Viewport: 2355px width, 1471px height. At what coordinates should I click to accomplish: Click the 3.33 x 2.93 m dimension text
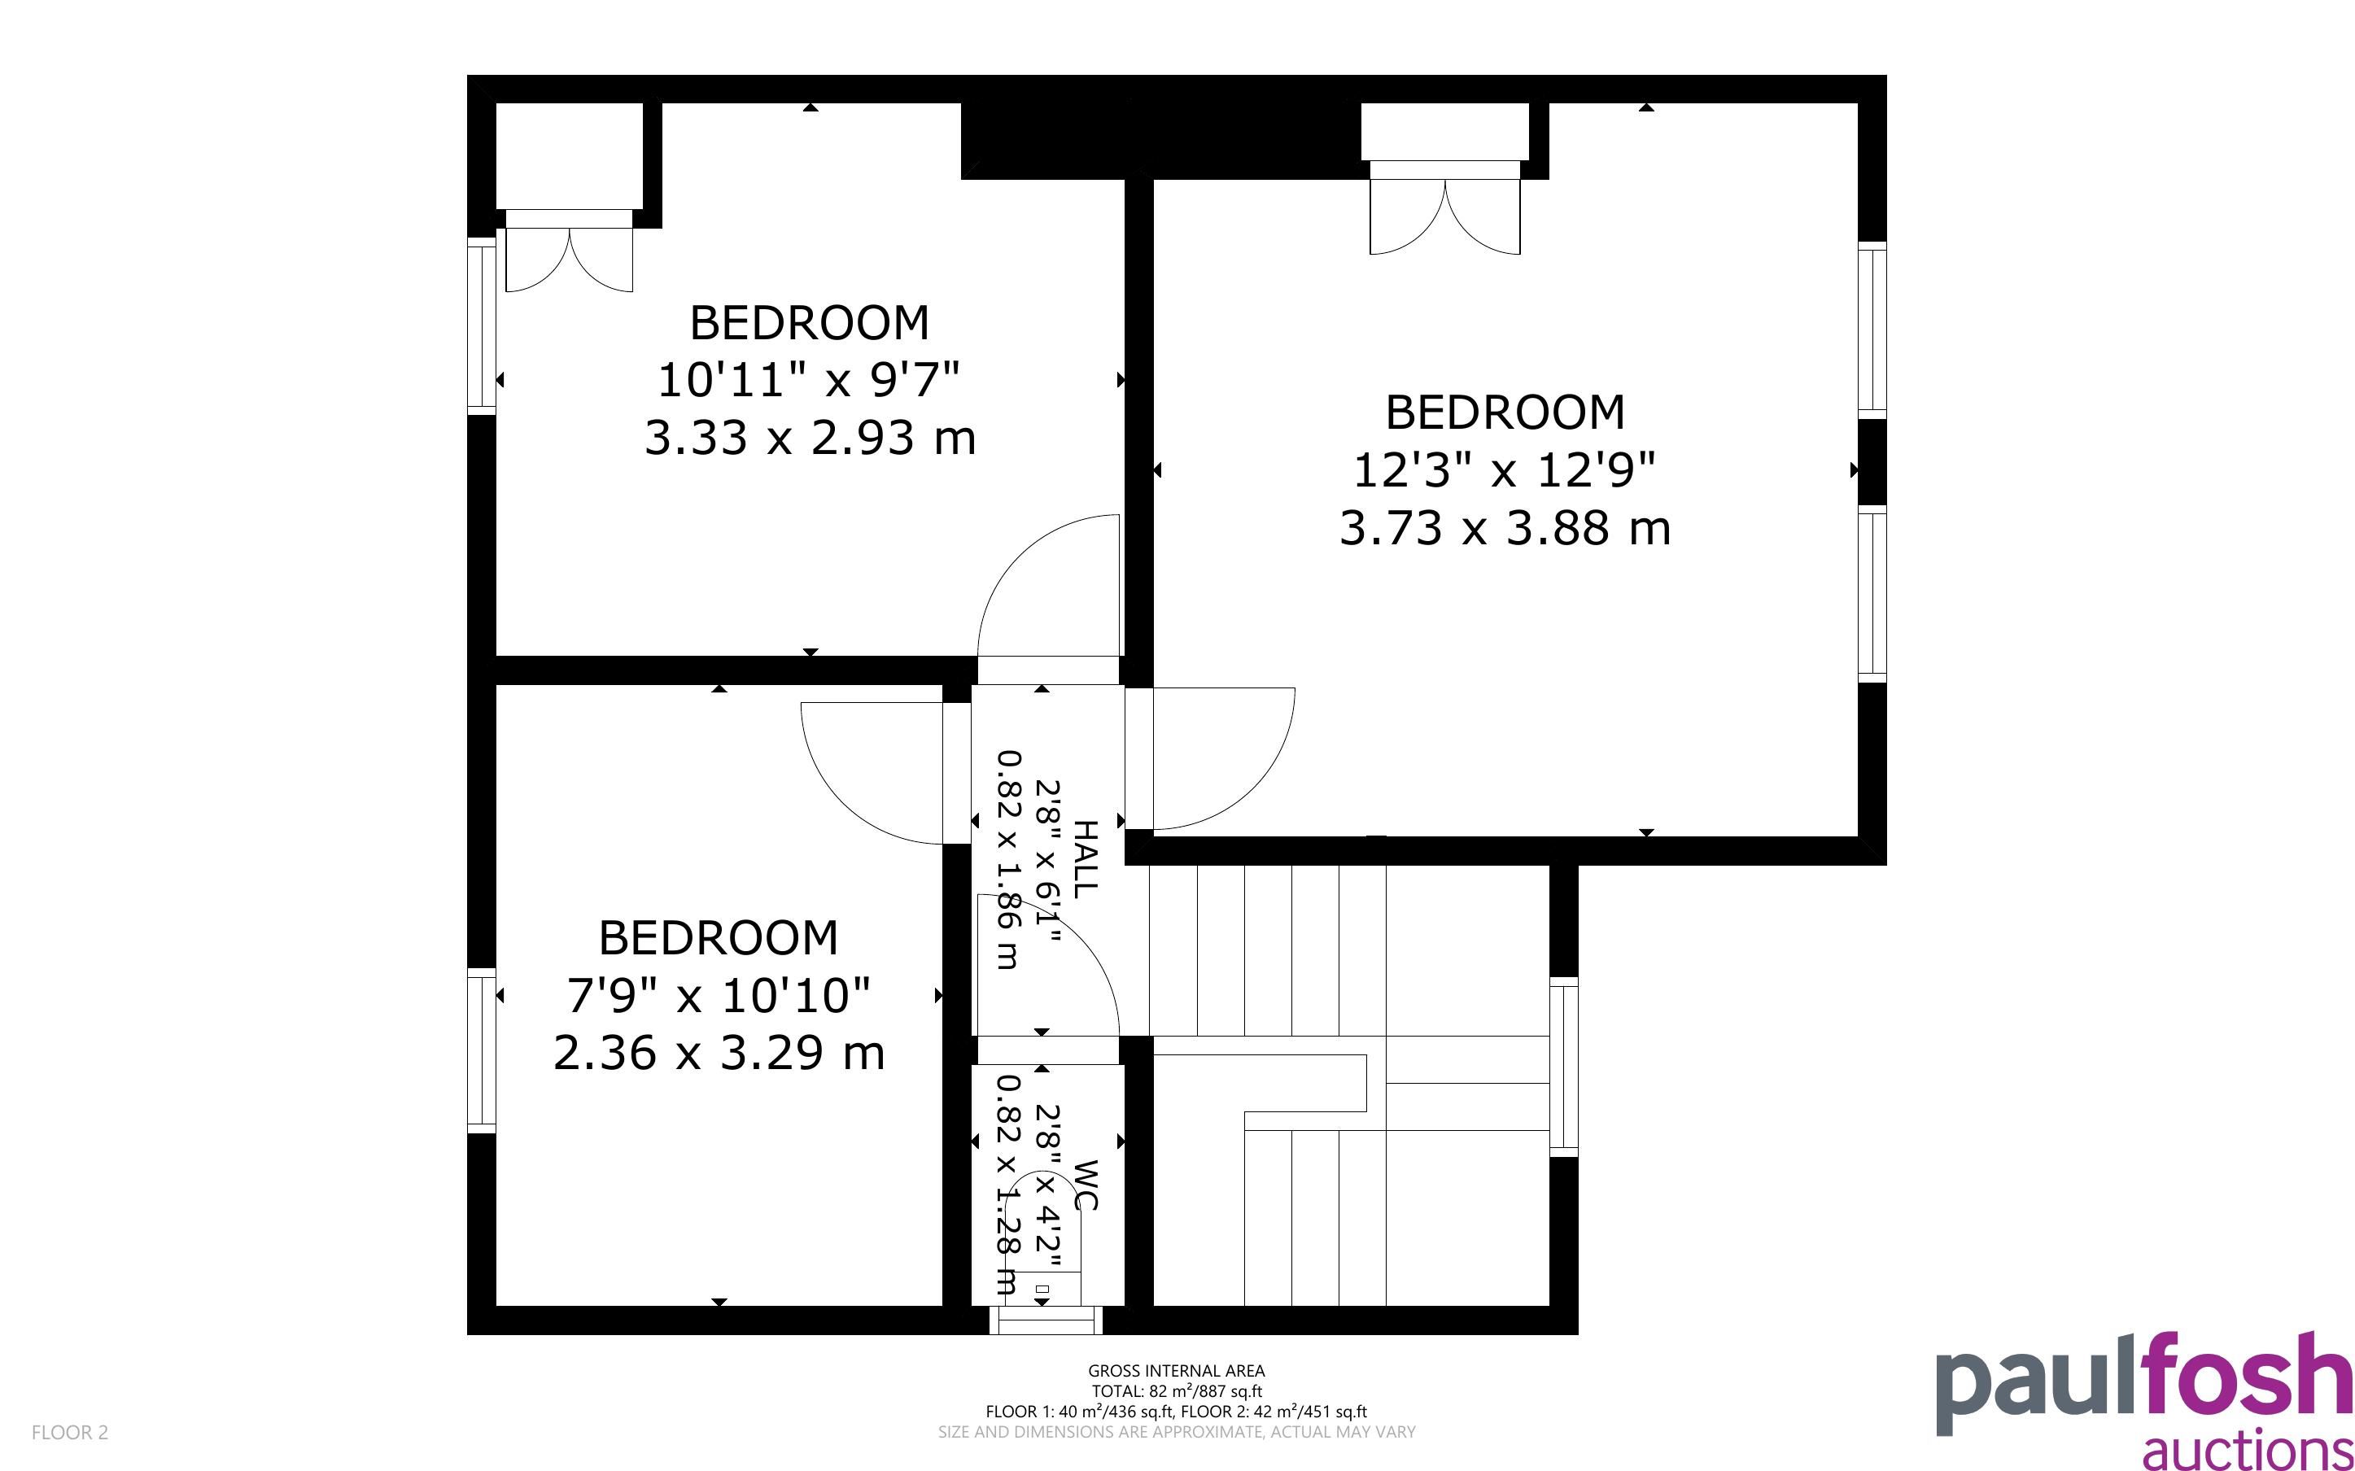810,438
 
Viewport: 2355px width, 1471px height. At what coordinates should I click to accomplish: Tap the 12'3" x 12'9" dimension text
1504,472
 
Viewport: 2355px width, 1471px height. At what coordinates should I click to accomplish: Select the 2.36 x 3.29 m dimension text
719,1053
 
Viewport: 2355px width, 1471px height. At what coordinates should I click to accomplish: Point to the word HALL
1085,858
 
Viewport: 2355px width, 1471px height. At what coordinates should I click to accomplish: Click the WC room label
1085,1185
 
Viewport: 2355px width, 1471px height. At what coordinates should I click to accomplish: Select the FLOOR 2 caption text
70,1432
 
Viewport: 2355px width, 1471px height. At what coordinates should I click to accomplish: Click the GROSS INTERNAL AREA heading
1176,1371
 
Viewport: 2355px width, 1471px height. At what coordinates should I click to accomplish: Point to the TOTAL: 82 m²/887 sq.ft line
1176,1391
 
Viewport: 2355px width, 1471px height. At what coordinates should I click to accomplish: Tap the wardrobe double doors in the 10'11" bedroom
569,259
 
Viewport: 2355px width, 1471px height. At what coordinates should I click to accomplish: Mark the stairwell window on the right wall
1563,1067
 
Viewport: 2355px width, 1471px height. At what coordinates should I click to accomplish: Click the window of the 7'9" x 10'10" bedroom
482,1050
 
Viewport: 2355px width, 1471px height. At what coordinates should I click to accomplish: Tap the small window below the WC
1046,1320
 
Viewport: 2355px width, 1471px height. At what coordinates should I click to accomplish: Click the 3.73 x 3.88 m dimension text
1505,529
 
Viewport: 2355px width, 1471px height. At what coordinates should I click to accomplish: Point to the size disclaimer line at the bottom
1176,1432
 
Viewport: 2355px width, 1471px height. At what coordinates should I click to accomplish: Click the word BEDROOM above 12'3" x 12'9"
1505,412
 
